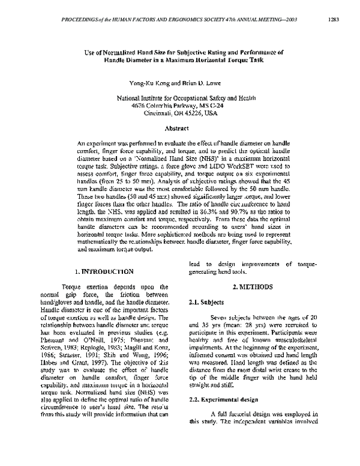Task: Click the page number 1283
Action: (334, 19)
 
